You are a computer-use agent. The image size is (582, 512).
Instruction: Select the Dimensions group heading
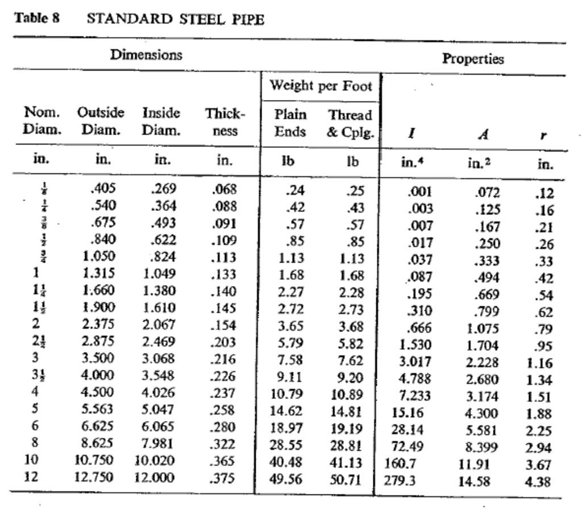click(147, 55)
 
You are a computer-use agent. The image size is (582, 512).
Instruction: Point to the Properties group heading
click(473, 59)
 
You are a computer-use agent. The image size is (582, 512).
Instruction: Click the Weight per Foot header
click(321, 86)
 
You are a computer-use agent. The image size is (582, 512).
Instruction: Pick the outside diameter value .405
click(99, 189)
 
